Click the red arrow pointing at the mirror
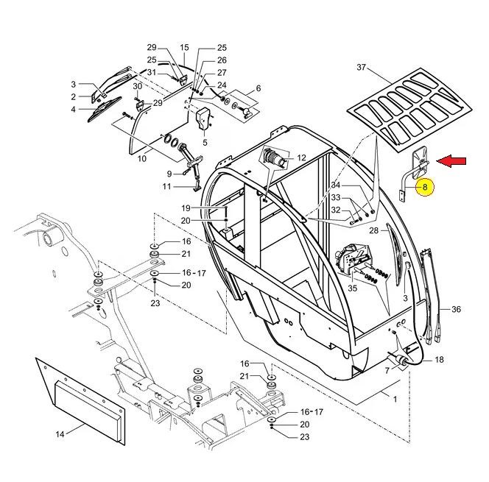(x=451, y=161)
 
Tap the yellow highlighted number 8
(x=425, y=187)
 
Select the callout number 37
(x=361, y=67)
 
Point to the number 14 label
(x=60, y=434)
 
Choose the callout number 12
(x=301, y=157)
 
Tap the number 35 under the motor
(x=353, y=288)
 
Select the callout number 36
(x=456, y=309)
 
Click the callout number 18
(x=439, y=360)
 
